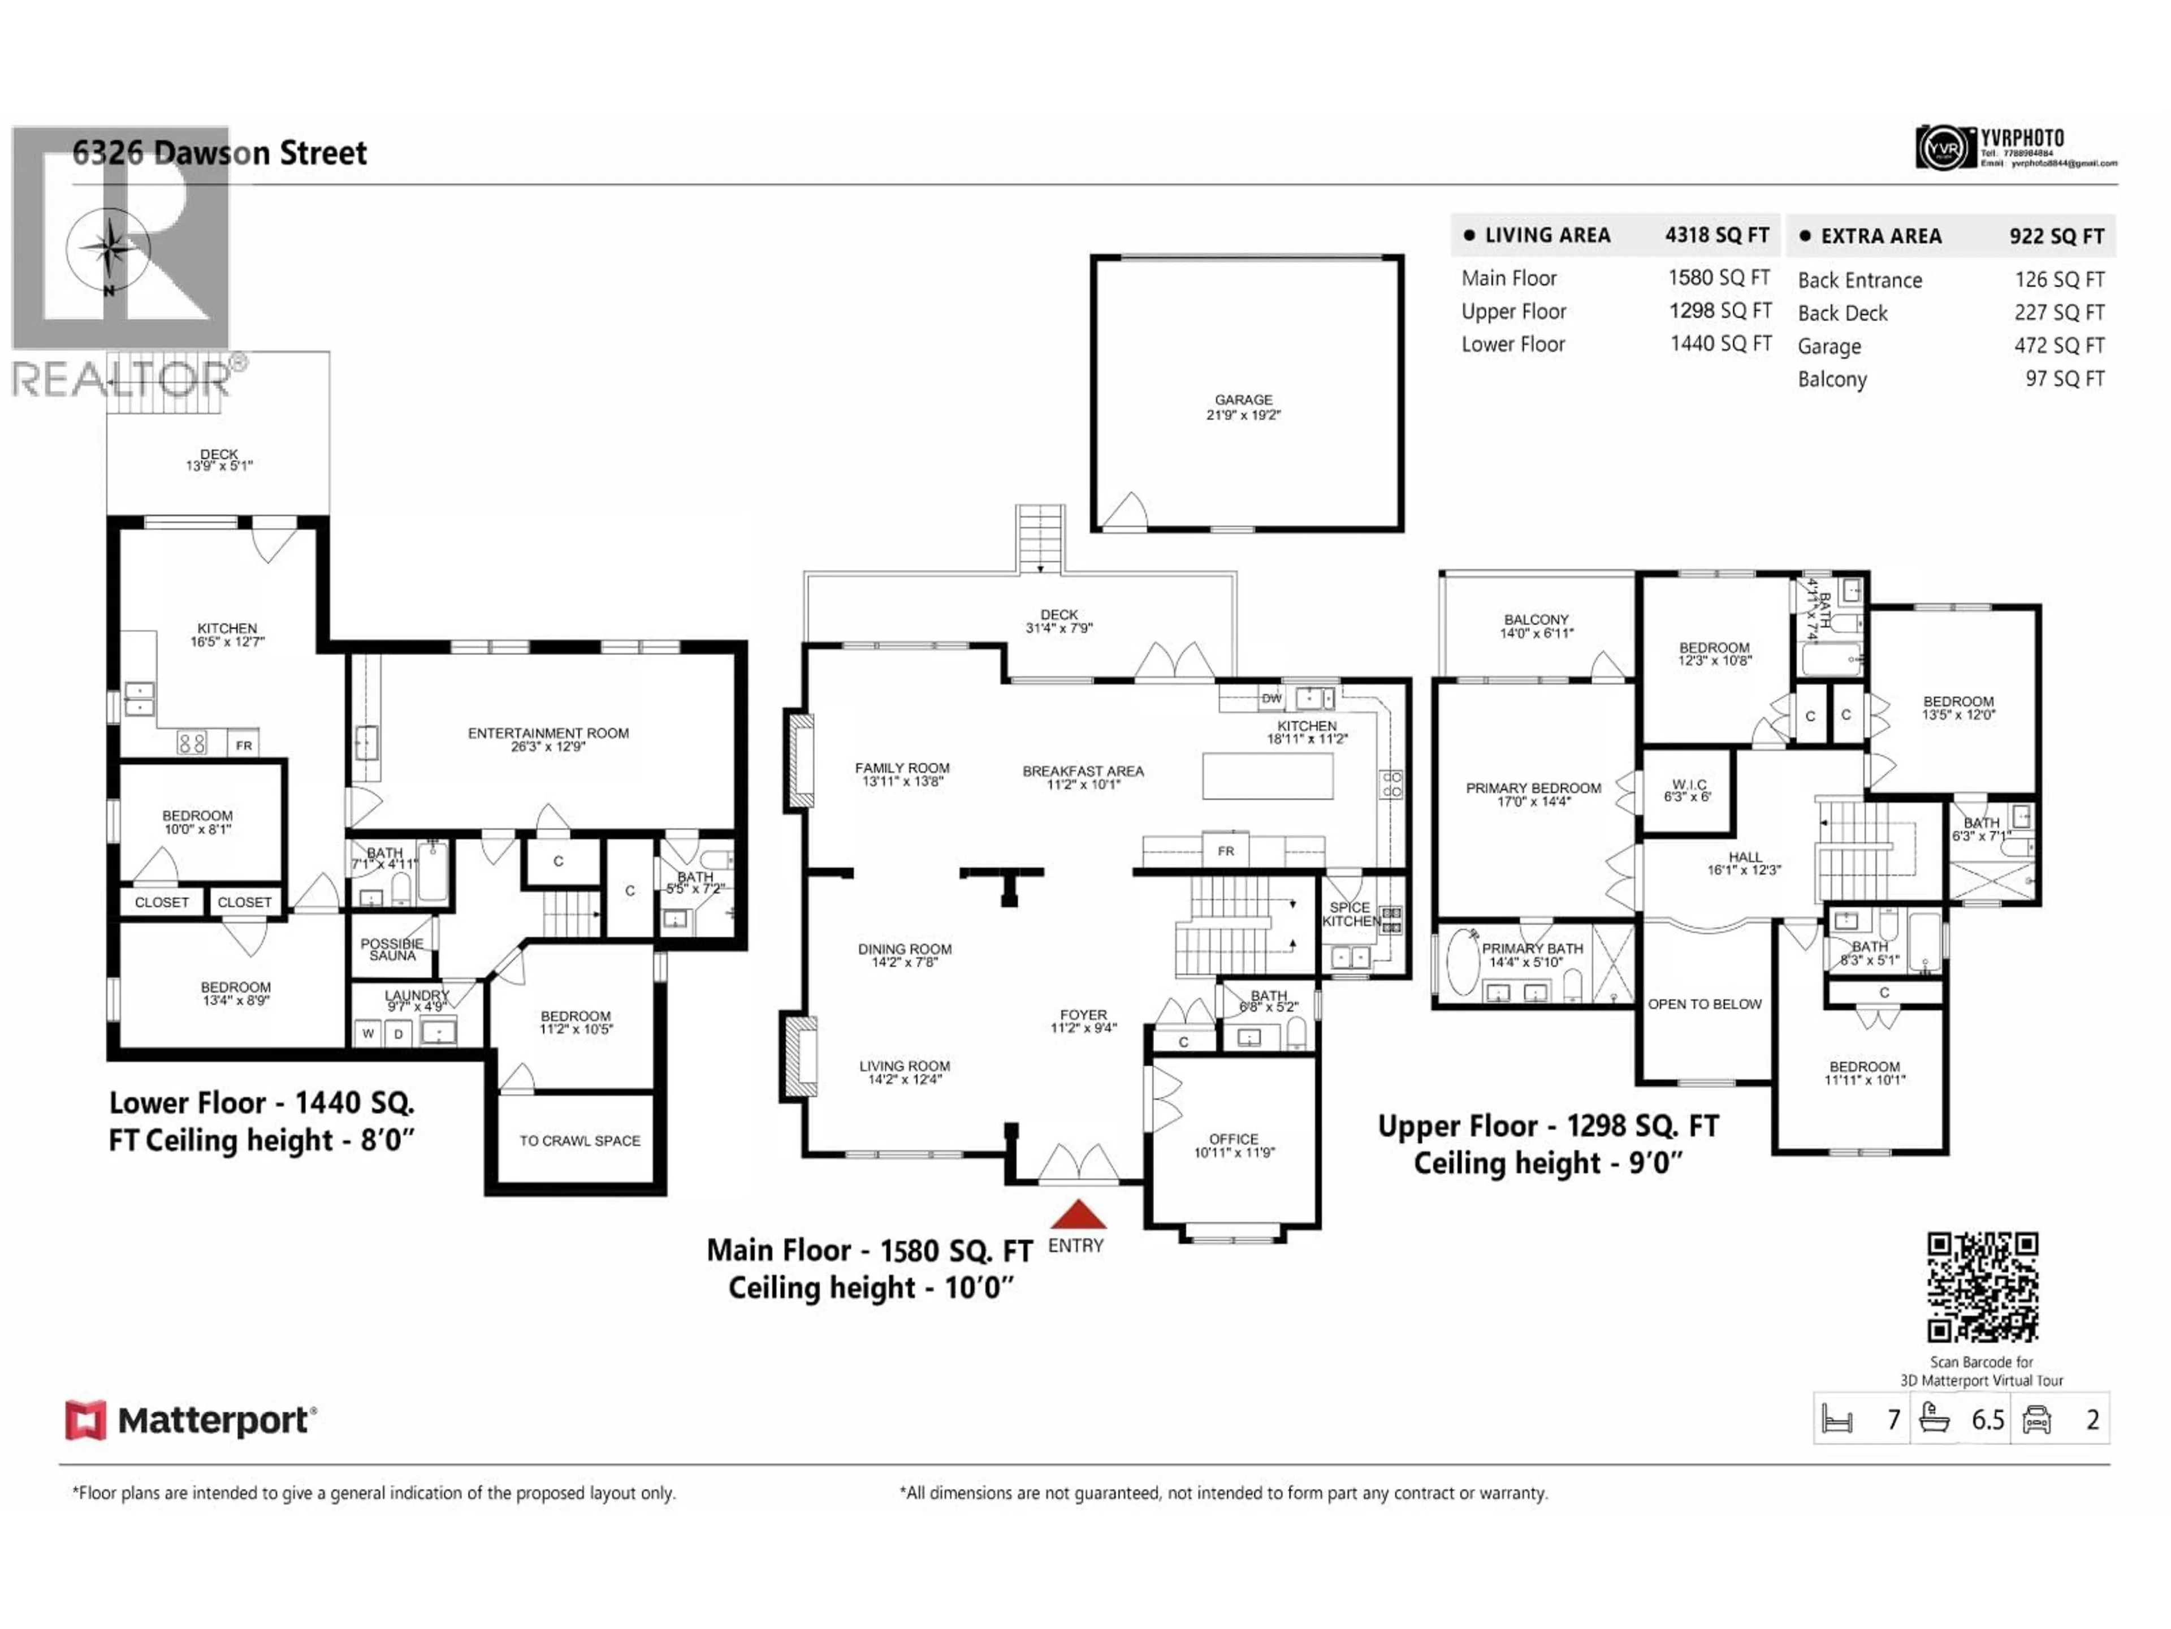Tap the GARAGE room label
pyautogui.click(x=1243, y=400)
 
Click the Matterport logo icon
pyautogui.click(x=85, y=1420)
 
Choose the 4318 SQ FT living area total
pyautogui.click(x=1716, y=236)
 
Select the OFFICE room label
pyautogui.click(x=1232, y=1139)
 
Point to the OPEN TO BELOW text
pyautogui.click(x=1704, y=1003)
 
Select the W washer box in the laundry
pyautogui.click(x=368, y=1033)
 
